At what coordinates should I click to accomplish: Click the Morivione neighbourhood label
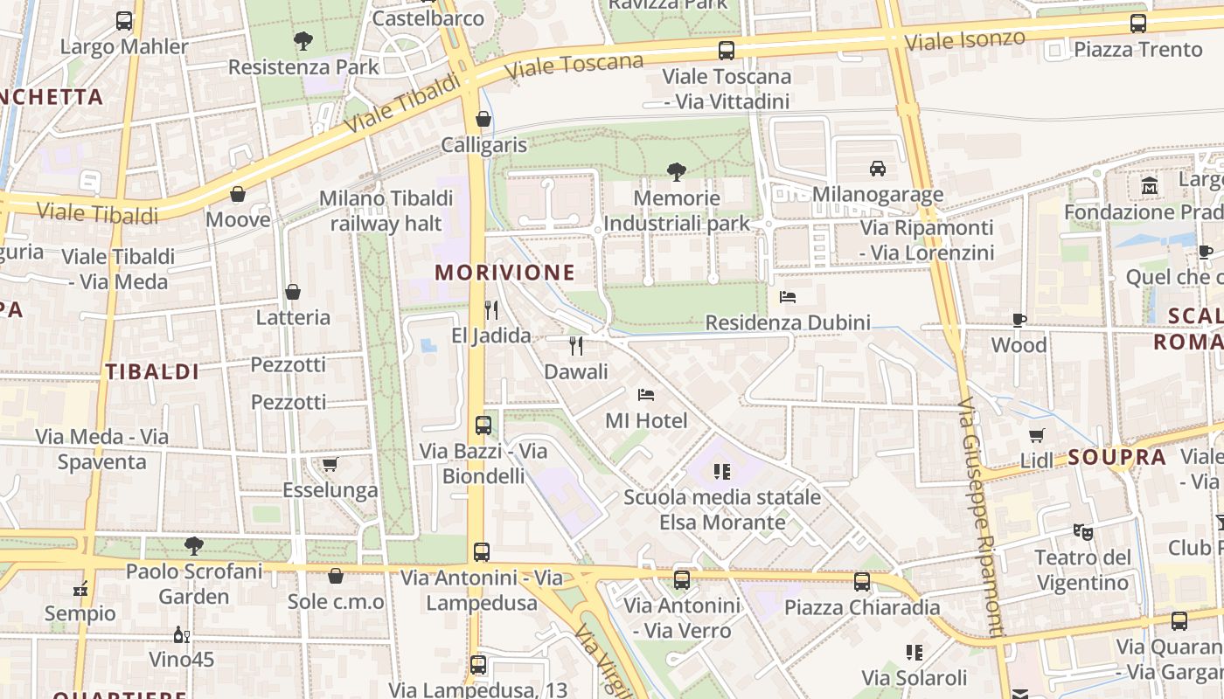tap(504, 273)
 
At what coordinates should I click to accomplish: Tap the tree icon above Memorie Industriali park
tap(676, 171)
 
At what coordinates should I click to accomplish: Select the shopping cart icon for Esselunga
tap(330, 464)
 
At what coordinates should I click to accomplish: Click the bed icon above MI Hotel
tap(646, 395)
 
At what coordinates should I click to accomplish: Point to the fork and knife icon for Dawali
tap(575, 346)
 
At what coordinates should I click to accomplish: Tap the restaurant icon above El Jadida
tap(491, 310)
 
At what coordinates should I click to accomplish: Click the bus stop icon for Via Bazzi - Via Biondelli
tap(483, 426)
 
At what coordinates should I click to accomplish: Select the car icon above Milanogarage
tap(877, 169)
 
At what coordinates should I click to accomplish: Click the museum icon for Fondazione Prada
tap(1149, 186)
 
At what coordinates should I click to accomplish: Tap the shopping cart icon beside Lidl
tap(1037, 435)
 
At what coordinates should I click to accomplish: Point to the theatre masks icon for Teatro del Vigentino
tap(1082, 531)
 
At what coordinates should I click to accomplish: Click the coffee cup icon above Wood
tap(1019, 320)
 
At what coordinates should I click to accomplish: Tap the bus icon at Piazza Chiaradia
tap(862, 581)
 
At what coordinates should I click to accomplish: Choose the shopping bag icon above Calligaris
tap(483, 119)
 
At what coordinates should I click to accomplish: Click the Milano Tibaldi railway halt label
tap(386, 211)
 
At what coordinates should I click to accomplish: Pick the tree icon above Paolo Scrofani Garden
tap(194, 546)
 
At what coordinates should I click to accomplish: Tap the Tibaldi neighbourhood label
tap(153, 371)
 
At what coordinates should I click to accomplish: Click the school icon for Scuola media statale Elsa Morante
tap(721, 473)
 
